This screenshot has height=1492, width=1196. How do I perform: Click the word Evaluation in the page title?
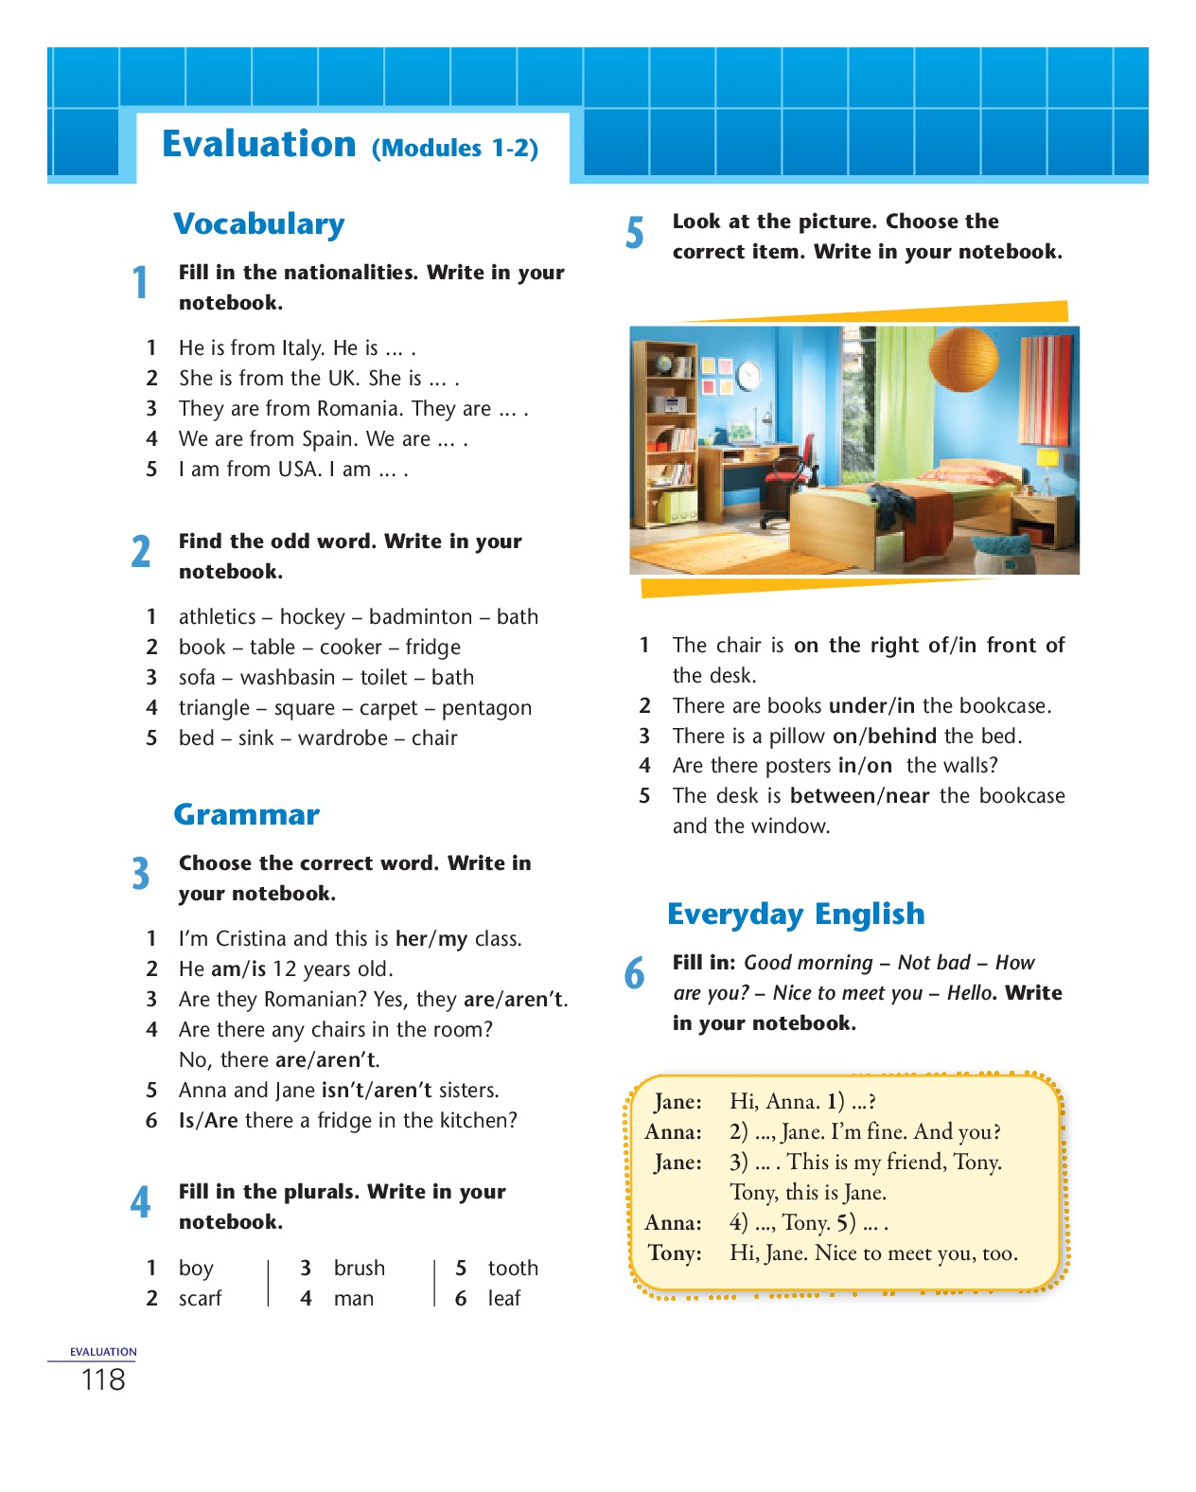point(258,144)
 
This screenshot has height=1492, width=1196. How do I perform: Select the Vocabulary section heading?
point(258,224)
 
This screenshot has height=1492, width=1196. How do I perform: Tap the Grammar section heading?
point(246,815)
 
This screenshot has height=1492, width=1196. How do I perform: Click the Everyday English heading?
point(795,915)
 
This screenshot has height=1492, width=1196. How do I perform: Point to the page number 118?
point(103,1380)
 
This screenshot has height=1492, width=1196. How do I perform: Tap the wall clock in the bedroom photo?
point(747,375)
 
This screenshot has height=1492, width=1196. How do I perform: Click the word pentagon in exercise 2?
point(486,708)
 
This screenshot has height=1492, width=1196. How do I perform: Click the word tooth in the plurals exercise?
point(513,1269)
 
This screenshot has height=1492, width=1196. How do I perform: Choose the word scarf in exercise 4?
point(200,1299)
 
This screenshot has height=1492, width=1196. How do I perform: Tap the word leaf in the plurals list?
point(504,1299)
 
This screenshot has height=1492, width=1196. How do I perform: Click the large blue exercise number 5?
point(634,234)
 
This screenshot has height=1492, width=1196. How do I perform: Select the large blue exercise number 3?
point(140,874)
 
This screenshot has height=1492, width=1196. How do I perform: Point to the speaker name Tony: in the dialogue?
point(675,1253)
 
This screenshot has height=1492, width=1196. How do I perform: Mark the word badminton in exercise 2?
point(420,617)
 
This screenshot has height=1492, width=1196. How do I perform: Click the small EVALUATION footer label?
point(103,1352)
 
